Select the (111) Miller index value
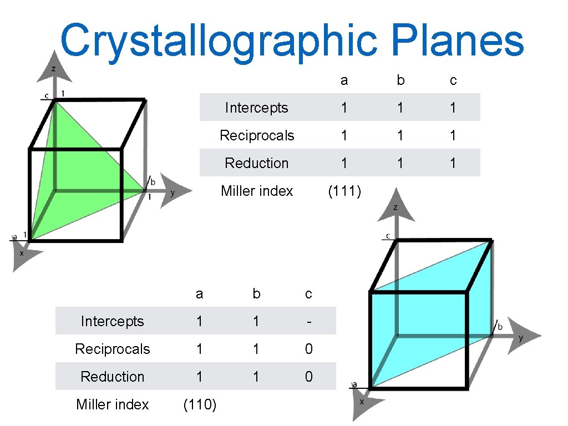click(x=344, y=191)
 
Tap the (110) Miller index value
click(x=200, y=405)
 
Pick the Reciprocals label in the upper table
click(x=257, y=135)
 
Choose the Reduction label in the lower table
click(x=112, y=377)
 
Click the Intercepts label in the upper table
click(x=257, y=108)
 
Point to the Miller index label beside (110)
click(x=112, y=405)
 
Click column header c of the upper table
click(x=453, y=80)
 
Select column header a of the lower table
click(x=200, y=294)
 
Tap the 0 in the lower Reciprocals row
click(x=308, y=349)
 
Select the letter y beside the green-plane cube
click(x=173, y=193)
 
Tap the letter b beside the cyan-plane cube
click(x=500, y=327)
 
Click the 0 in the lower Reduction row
click(x=308, y=377)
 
